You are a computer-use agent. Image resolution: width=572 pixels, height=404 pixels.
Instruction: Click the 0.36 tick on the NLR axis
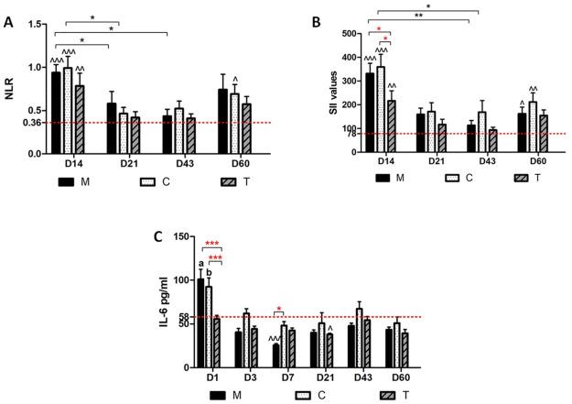point(29,123)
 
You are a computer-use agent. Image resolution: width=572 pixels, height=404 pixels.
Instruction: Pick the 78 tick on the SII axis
point(347,135)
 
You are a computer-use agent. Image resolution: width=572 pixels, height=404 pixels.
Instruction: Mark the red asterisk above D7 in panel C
point(280,309)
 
